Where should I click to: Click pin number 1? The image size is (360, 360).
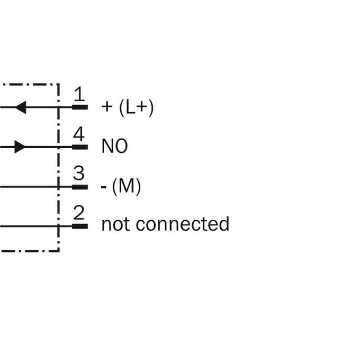click(79, 94)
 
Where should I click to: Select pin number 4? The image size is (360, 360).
click(79, 134)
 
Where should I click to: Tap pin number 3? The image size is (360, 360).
click(79, 173)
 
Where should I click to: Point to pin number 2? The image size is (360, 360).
click(79, 213)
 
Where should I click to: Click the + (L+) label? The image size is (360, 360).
click(128, 107)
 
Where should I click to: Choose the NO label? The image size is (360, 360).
click(114, 146)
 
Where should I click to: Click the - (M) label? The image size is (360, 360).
click(121, 186)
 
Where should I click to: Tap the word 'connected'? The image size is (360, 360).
click(183, 223)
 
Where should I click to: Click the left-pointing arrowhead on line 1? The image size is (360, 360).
click(21, 107)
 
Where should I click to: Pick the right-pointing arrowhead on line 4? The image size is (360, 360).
click(20, 147)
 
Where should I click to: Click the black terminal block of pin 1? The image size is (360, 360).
click(80, 107)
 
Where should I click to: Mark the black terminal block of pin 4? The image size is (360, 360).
click(80, 147)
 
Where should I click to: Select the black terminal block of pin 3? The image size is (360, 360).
click(80, 187)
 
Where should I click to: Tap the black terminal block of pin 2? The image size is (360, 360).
click(80, 227)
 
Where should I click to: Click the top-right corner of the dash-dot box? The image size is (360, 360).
click(58, 85)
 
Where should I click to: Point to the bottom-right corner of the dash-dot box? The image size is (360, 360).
click(58, 251)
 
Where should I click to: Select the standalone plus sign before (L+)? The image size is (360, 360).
click(107, 107)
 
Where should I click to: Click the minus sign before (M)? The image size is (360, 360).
click(104, 187)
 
